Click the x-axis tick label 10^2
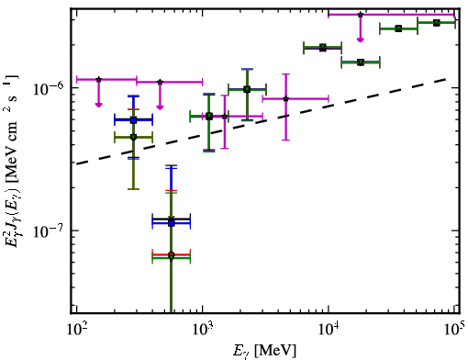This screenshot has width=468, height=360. (75, 331)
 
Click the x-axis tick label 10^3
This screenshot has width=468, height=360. (202, 331)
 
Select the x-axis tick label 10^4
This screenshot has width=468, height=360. (329, 331)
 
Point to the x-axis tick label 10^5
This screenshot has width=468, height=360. (455, 330)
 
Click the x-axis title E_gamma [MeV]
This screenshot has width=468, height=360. (265, 351)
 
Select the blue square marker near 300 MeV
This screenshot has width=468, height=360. (133, 120)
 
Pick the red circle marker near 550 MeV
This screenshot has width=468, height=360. (172, 254)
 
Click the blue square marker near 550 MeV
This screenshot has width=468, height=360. (172, 223)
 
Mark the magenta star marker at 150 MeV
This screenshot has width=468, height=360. (98, 79)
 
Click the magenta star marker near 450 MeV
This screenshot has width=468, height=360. (160, 82)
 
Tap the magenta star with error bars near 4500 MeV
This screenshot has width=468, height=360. (285, 98)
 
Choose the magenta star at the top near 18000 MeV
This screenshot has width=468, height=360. (361, 15)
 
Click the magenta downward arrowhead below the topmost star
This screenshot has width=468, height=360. (361, 39)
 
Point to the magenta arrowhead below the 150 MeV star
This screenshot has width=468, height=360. (98, 105)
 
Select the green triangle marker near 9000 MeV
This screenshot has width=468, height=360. (323, 48)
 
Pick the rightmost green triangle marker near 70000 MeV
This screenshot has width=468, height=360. (437, 22)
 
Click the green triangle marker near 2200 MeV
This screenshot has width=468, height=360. (247, 89)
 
